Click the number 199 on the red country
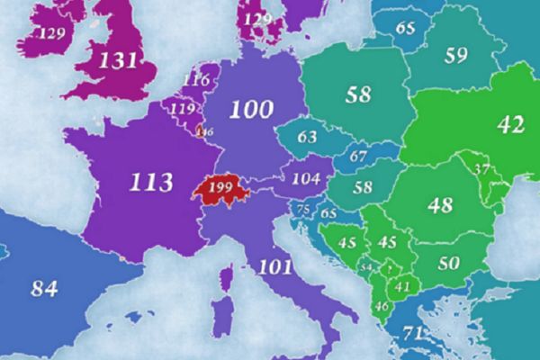[220, 188]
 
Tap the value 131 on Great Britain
[118, 61]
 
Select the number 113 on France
[150, 183]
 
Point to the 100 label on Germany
[250, 111]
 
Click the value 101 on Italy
[274, 265]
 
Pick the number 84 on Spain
[44, 289]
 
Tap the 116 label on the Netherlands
[195, 80]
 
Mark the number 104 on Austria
[306, 178]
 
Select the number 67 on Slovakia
[358, 157]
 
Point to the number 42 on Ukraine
[510, 125]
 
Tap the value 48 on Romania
[440, 205]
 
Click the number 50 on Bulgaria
[447, 263]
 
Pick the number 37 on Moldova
[481, 168]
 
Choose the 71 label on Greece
[413, 334]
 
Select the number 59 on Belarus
[456, 56]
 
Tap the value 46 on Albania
[381, 307]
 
